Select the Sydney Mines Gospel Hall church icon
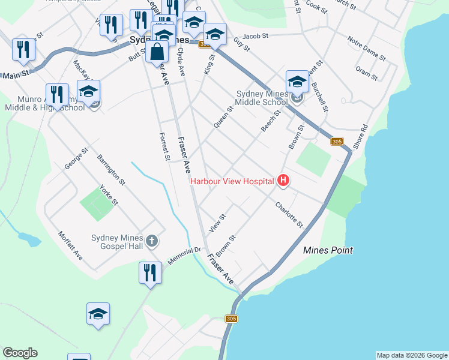(x=152, y=241)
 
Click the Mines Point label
(x=328, y=250)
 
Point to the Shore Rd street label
(x=361, y=137)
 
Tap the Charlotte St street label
(x=289, y=215)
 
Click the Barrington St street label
(x=111, y=169)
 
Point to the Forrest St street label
(x=164, y=146)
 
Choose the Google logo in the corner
(x=20, y=353)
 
